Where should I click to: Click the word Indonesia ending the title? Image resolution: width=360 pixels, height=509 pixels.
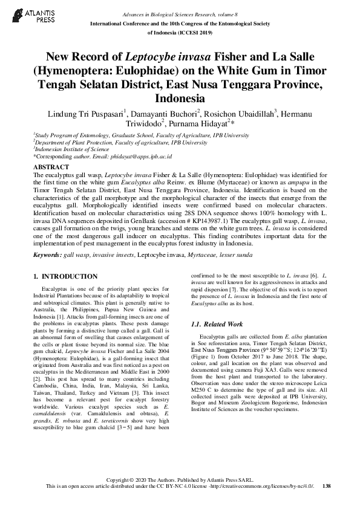[x=180, y=97]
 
